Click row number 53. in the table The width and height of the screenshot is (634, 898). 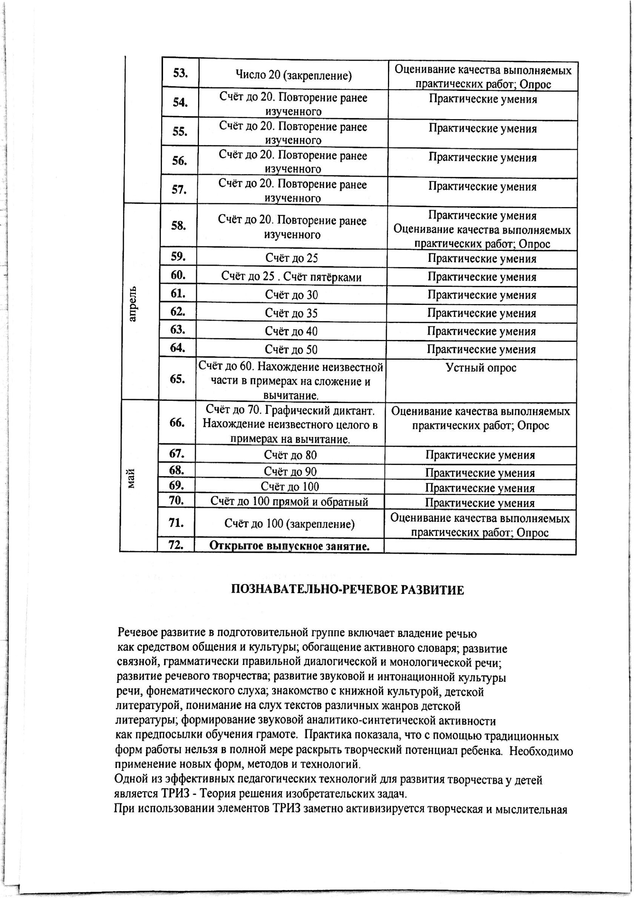click(x=180, y=73)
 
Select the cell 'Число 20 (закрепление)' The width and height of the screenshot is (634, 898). click(x=293, y=75)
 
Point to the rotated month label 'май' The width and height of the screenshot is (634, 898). click(x=131, y=478)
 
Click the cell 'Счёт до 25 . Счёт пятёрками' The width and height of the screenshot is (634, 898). click(x=291, y=277)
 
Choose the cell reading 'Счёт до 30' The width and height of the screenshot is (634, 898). click(x=291, y=295)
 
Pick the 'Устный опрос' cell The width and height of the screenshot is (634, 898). click(x=481, y=368)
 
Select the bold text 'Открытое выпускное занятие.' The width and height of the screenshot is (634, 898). click(x=289, y=546)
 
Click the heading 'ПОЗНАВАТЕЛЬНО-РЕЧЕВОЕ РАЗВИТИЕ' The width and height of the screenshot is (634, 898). click(x=348, y=590)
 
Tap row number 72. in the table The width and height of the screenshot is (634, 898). click(x=176, y=545)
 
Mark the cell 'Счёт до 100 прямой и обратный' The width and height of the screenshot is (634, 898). click(x=289, y=501)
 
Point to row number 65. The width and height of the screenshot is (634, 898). click(x=178, y=379)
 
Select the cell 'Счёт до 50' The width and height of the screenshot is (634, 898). click(x=291, y=349)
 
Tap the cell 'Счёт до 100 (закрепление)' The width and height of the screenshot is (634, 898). click(x=289, y=524)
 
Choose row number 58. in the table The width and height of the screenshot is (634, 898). click(x=179, y=226)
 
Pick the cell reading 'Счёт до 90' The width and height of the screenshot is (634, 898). click(x=290, y=472)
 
